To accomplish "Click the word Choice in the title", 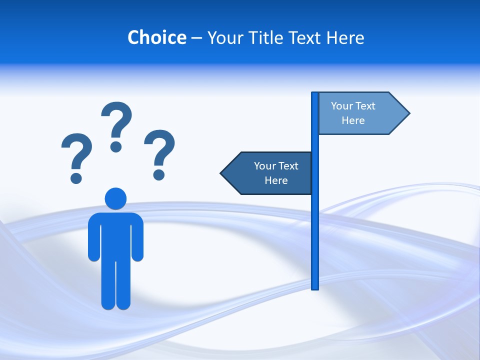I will click(x=156, y=37).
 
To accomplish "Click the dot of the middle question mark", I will click(x=116, y=146).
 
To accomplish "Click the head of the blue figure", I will click(x=115, y=198).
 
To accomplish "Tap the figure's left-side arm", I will click(x=93, y=237).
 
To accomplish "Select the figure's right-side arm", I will click(x=137, y=237).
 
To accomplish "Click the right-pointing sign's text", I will click(x=353, y=113).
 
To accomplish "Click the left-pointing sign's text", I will click(x=276, y=173).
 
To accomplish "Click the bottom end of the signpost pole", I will click(x=315, y=287).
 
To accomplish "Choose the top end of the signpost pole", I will click(x=315, y=94).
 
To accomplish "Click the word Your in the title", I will click(x=224, y=37).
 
